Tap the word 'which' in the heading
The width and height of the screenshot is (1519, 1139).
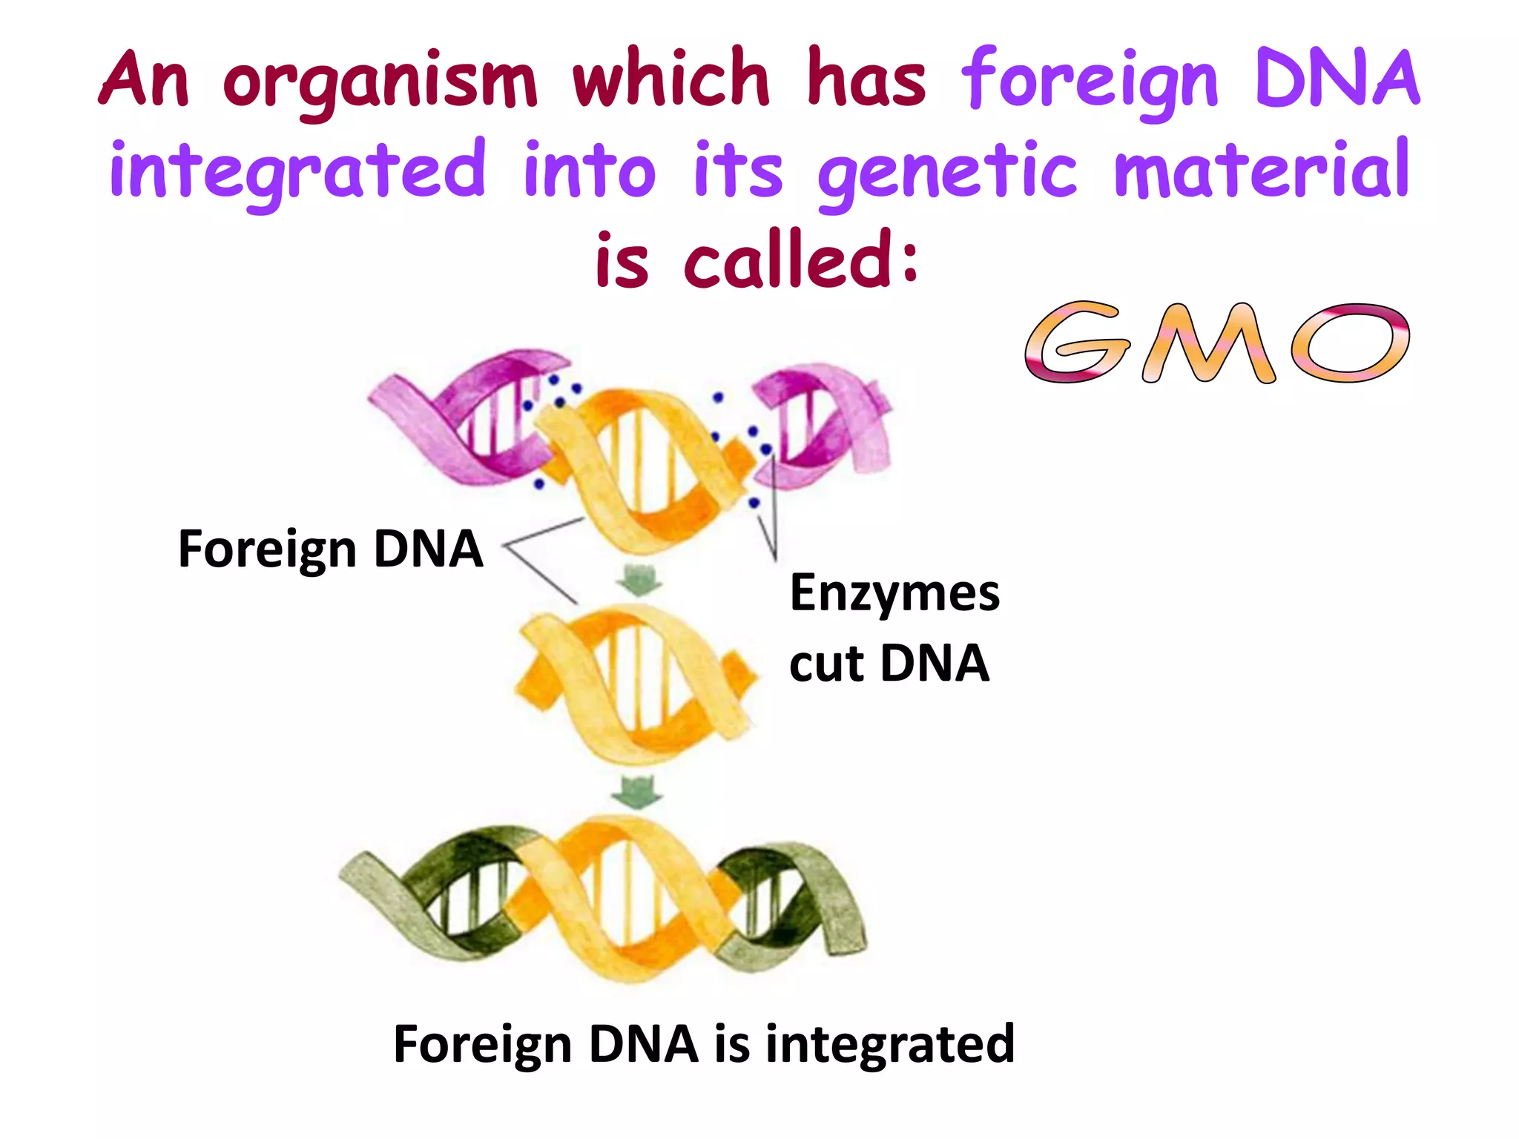pos(671,78)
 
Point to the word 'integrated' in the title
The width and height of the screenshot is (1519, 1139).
pos(297,172)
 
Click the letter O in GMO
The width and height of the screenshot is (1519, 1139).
pos(1350,342)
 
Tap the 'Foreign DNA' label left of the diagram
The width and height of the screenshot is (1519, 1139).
pos(331,549)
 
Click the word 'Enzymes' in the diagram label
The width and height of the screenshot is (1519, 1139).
pos(894,593)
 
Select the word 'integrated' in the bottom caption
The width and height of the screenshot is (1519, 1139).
pos(890,1044)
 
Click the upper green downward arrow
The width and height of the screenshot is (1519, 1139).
pos(639,579)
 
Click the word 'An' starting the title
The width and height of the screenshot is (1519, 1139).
pos(145,80)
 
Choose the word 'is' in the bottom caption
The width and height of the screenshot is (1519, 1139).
pos(731,1043)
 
